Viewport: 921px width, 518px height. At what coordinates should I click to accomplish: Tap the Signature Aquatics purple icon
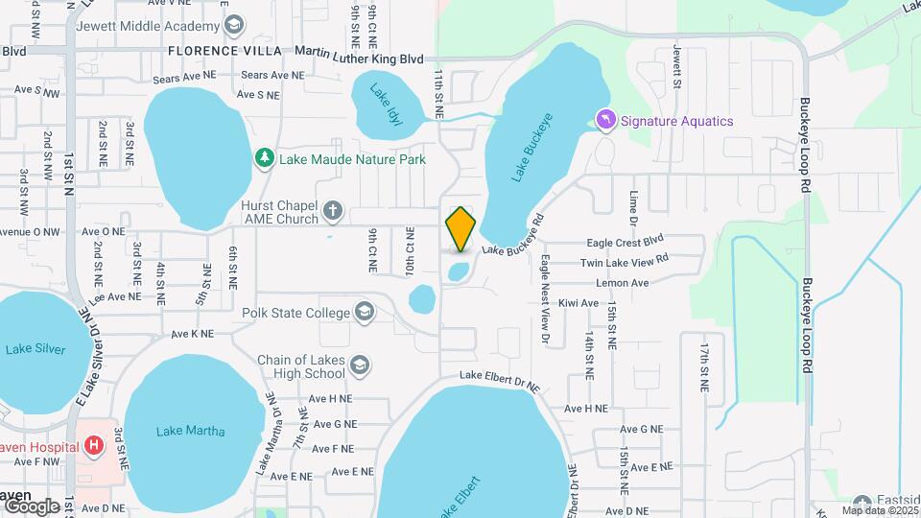pos(605,120)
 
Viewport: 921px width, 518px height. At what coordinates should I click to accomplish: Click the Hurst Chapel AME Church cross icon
pos(332,210)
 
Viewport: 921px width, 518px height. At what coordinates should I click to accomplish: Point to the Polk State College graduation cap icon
pos(365,312)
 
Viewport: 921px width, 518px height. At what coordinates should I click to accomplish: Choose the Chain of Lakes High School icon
pos(359,365)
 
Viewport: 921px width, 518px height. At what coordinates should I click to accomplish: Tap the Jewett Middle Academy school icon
pos(232,25)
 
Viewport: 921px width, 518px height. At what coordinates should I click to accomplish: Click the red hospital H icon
pos(94,445)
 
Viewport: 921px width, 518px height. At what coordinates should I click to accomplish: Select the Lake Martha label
pos(190,431)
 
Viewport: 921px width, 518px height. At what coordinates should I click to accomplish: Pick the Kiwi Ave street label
pos(578,303)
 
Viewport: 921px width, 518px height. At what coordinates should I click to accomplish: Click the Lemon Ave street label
pos(623,283)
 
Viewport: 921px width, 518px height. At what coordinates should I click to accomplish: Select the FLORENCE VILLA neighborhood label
pos(224,50)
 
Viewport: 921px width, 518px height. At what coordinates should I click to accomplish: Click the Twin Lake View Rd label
pos(624,262)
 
